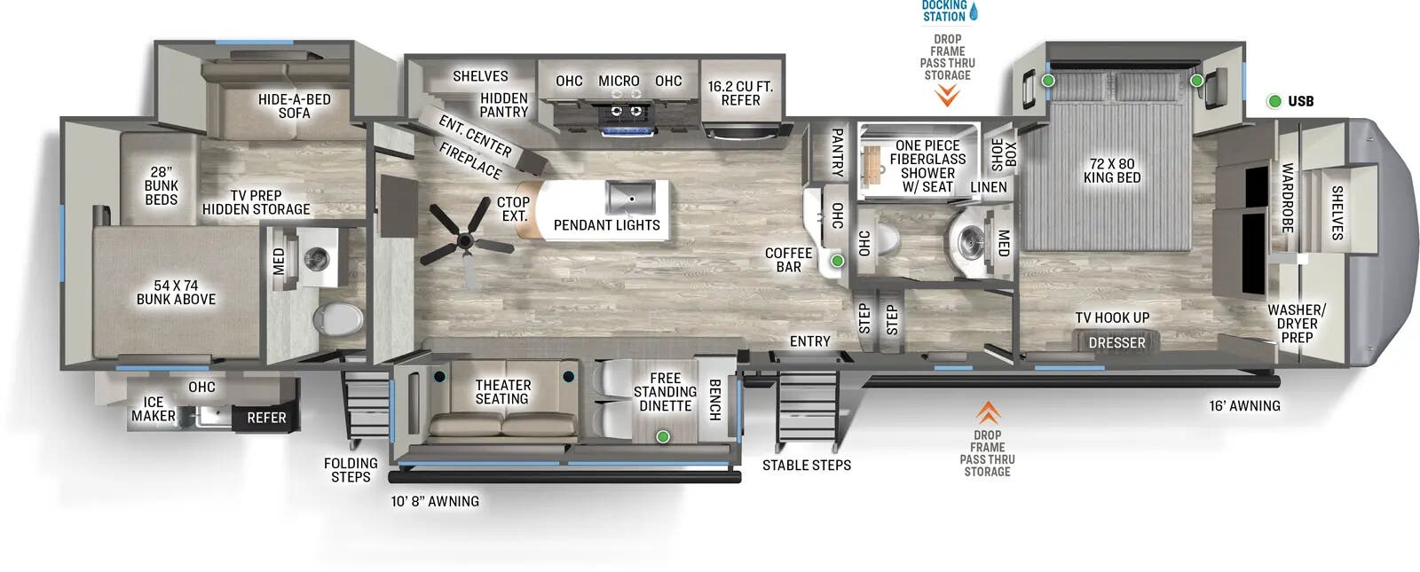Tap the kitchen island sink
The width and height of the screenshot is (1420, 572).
631,197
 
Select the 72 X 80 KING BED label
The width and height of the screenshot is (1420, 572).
1111,170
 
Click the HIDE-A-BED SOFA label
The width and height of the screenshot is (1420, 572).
294,106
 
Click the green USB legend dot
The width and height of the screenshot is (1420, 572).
1274,101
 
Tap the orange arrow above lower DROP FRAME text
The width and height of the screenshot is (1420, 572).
988,412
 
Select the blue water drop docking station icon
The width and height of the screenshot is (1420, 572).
974,12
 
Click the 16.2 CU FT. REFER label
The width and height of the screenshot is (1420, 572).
740,93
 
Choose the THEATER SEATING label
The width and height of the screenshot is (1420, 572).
502,392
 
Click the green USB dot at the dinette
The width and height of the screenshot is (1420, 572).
662,436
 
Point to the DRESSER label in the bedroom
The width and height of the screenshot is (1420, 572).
1116,342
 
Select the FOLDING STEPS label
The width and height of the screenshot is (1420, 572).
351,470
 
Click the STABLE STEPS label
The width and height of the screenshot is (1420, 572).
806,465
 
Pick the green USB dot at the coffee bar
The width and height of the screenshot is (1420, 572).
837,261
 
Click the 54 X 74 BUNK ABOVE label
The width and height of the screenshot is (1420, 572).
176,293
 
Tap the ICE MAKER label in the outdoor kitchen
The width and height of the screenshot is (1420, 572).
154,409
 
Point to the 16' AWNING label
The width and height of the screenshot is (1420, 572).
1244,406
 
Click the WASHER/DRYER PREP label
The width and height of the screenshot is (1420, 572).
1296,324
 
